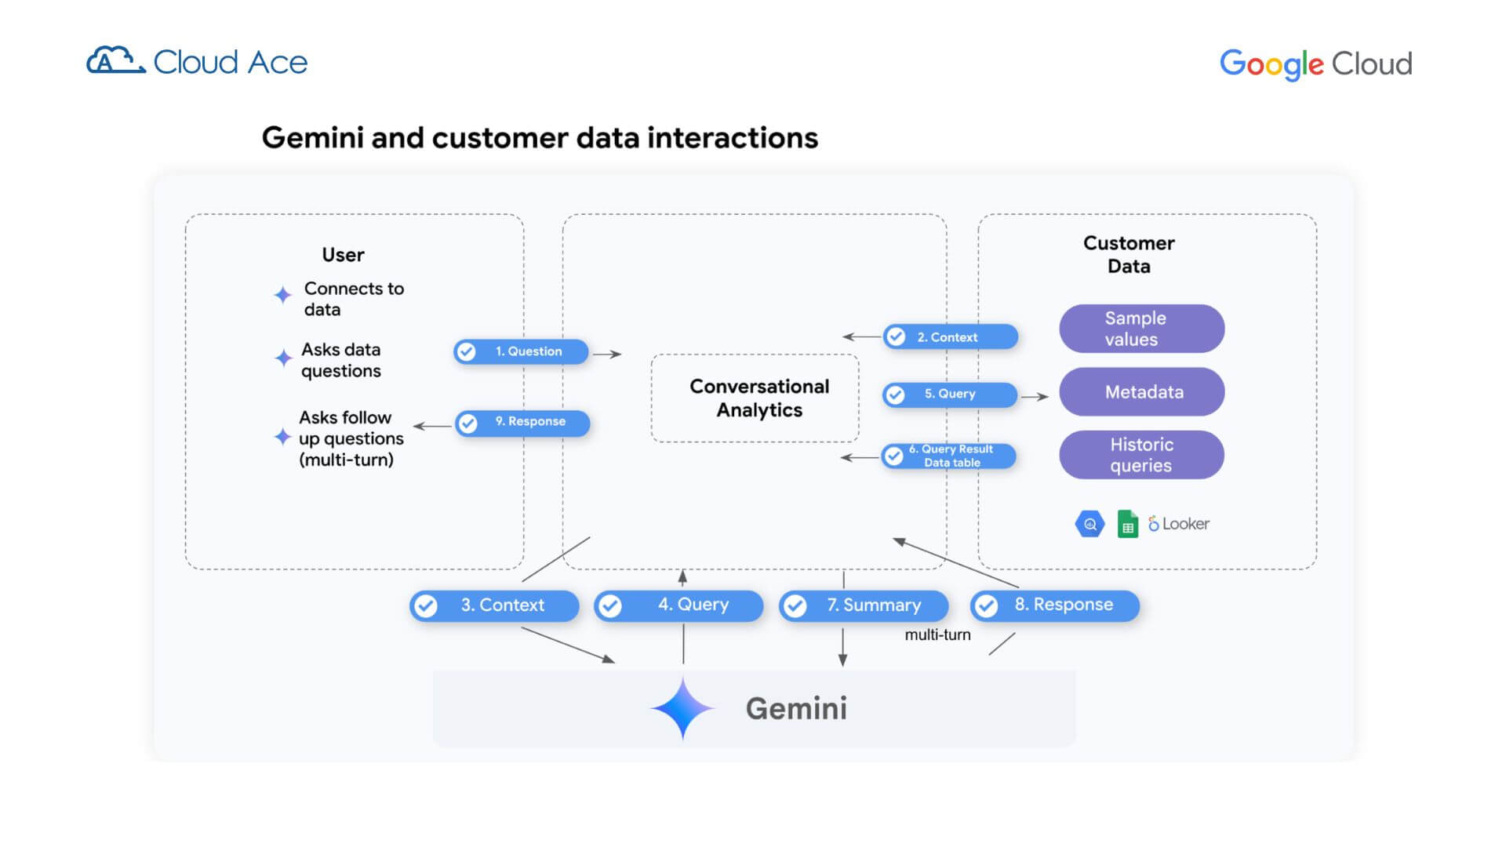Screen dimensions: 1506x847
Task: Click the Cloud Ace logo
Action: point(197,61)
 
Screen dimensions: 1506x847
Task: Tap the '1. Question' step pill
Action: point(521,351)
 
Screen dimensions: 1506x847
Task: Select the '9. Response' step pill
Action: point(522,423)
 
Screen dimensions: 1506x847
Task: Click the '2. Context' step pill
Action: point(950,337)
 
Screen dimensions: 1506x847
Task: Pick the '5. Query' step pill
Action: point(949,394)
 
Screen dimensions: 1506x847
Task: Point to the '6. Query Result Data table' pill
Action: point(948,456)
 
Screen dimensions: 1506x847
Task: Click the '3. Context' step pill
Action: point(494,605)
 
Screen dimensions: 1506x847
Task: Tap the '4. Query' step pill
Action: point(678,605)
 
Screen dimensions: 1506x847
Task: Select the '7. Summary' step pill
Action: point(864,605)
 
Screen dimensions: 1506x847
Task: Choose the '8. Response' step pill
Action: point(1055,605)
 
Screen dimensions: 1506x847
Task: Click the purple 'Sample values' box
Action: point(1141,329)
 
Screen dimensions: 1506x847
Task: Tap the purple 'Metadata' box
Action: point(1141,391)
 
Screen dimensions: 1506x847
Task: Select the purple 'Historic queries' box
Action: point(1141,455)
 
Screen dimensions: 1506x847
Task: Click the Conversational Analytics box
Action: point(755,398)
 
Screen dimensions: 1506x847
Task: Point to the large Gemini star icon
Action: point(682,708)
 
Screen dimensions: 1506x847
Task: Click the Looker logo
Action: point(1179,523)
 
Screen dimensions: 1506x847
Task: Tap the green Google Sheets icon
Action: point(1127,524)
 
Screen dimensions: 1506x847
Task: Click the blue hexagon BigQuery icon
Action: point(1089,524)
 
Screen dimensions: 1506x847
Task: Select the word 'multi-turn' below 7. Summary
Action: point(937,634)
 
